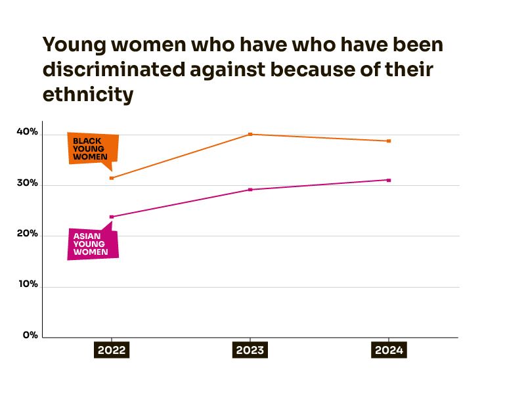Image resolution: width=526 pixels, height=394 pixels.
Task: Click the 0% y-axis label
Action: (x=30, y=335)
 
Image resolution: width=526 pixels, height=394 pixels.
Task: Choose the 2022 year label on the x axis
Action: (x=111, y=350)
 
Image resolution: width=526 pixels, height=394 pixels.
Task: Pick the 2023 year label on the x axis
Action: (x=250, y=350)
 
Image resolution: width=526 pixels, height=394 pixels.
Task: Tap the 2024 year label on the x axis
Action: (x=388, y=350)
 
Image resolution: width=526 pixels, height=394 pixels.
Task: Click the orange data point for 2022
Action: (x=112, y=178)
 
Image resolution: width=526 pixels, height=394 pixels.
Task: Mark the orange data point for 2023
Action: (x=250, y=134)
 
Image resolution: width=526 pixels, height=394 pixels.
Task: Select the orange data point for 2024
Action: (x=389, y=141)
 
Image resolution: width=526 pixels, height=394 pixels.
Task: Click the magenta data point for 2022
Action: (x=112, y=217)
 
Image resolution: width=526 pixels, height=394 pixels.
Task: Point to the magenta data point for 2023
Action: (x=250, y=190)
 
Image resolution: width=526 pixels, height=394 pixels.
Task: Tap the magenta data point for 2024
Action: (x=389, y=180)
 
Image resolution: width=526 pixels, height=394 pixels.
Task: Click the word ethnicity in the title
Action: (x=88, y=95)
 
